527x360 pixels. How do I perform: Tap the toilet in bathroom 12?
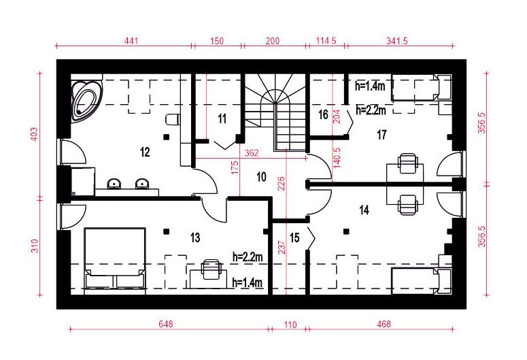(x=173, y=120)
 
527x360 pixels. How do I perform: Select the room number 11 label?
(x=222, y=119)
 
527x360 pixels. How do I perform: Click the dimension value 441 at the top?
(x=131, y=41)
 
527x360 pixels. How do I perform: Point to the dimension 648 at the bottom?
(x=166, y=324)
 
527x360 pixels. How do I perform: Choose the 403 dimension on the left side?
(x=35, y=134)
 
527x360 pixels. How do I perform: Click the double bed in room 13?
(x=115, y=259)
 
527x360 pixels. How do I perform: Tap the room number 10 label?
(x=261, y=177)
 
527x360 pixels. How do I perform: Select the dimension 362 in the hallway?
(x=252, y=153)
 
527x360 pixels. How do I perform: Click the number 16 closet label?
(x=323, y=115)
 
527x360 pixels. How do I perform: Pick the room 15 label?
(x=294, y=238)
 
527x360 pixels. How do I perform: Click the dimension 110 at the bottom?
(x=290, y=325)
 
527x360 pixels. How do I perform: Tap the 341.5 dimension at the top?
(x=397, y=41)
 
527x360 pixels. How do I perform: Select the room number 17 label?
(x=381, y=135)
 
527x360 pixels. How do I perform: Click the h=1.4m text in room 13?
(x=248, y=282)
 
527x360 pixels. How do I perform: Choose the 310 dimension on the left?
(x=35, y=246)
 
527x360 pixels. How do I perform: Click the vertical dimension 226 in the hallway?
(x=282, y=183)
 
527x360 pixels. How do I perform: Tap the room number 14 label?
(x=364, y=210)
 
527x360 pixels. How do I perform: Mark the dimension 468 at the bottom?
(x=384, y=324)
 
